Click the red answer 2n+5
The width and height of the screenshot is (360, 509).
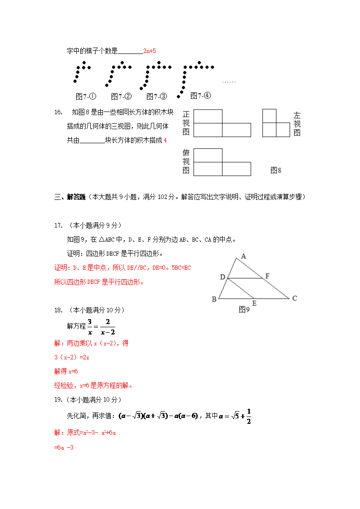(150, 51)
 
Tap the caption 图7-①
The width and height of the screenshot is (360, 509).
(86, 97)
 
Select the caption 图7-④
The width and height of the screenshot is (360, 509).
(201, 96)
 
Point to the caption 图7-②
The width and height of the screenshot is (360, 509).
(122, 97)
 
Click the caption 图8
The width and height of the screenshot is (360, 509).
(276, 170)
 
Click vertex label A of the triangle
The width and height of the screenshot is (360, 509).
(243, 256)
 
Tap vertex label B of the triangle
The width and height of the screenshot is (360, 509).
(214, 299)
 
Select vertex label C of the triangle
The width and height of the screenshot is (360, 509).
(295, 298)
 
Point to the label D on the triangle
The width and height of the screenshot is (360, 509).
(222, 277)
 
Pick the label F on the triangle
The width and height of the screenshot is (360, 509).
(268, 276)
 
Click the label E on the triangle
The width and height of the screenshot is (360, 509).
(254, 303)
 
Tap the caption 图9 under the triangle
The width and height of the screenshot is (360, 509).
(244, 310)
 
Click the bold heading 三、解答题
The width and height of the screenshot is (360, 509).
(70, 197)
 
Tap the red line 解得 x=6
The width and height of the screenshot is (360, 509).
(66, 371)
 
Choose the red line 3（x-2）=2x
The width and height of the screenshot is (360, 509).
(72, 357)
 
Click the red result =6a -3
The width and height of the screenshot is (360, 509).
(64, 447)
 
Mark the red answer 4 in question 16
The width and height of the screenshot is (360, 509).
(165, 141)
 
